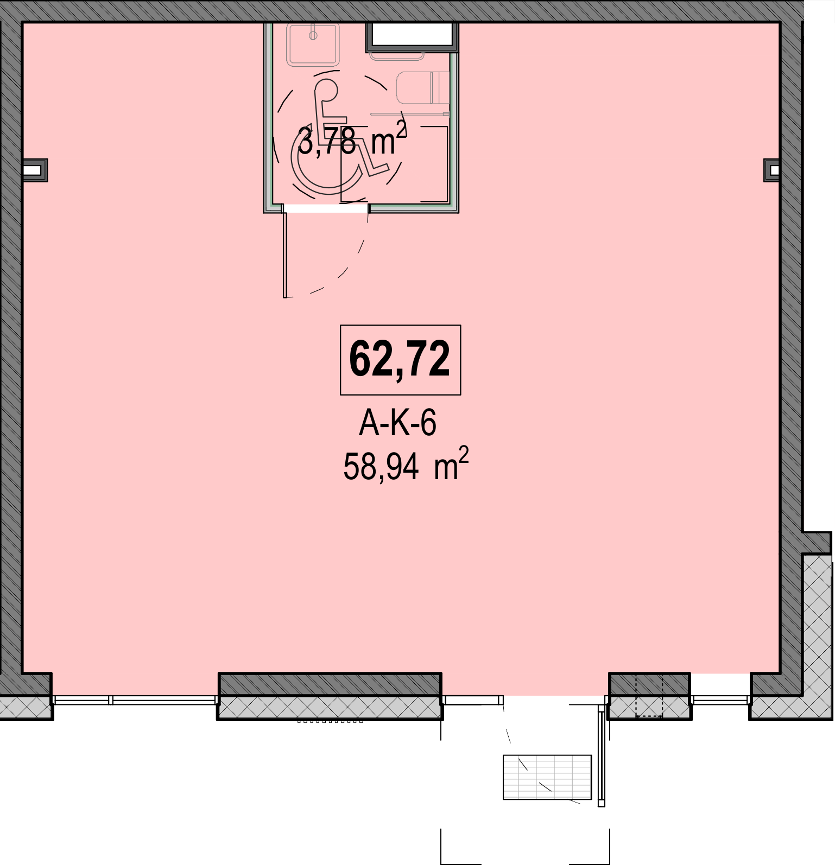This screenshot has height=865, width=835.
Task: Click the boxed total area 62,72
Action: point(400,360)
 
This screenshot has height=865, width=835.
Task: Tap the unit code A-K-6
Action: point(397,423)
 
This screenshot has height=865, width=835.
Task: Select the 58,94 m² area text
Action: point(406,465)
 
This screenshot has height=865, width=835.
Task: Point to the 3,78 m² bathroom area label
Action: point(352,139)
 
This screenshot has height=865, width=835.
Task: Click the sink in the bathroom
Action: point(314,44)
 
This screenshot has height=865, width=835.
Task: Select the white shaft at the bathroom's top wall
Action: point(413,35)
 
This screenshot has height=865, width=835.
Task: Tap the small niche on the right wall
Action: point(772,170)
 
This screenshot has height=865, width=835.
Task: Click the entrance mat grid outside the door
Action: point(547,777)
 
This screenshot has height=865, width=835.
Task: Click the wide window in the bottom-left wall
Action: point(136,700)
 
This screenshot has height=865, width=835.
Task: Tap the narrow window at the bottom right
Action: point(720,700)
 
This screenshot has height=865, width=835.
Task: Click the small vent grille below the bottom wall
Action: point(330,722)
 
